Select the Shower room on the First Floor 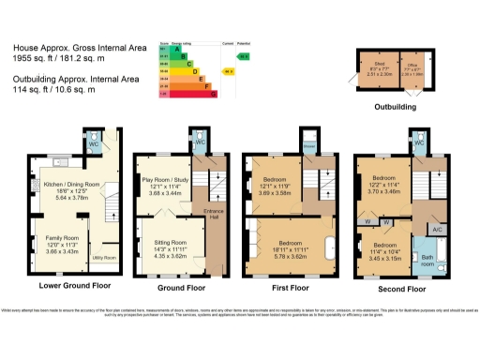[x=308, y=147]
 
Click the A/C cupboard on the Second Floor [x=436, y=230]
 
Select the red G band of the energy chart [x=188, y=94]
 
